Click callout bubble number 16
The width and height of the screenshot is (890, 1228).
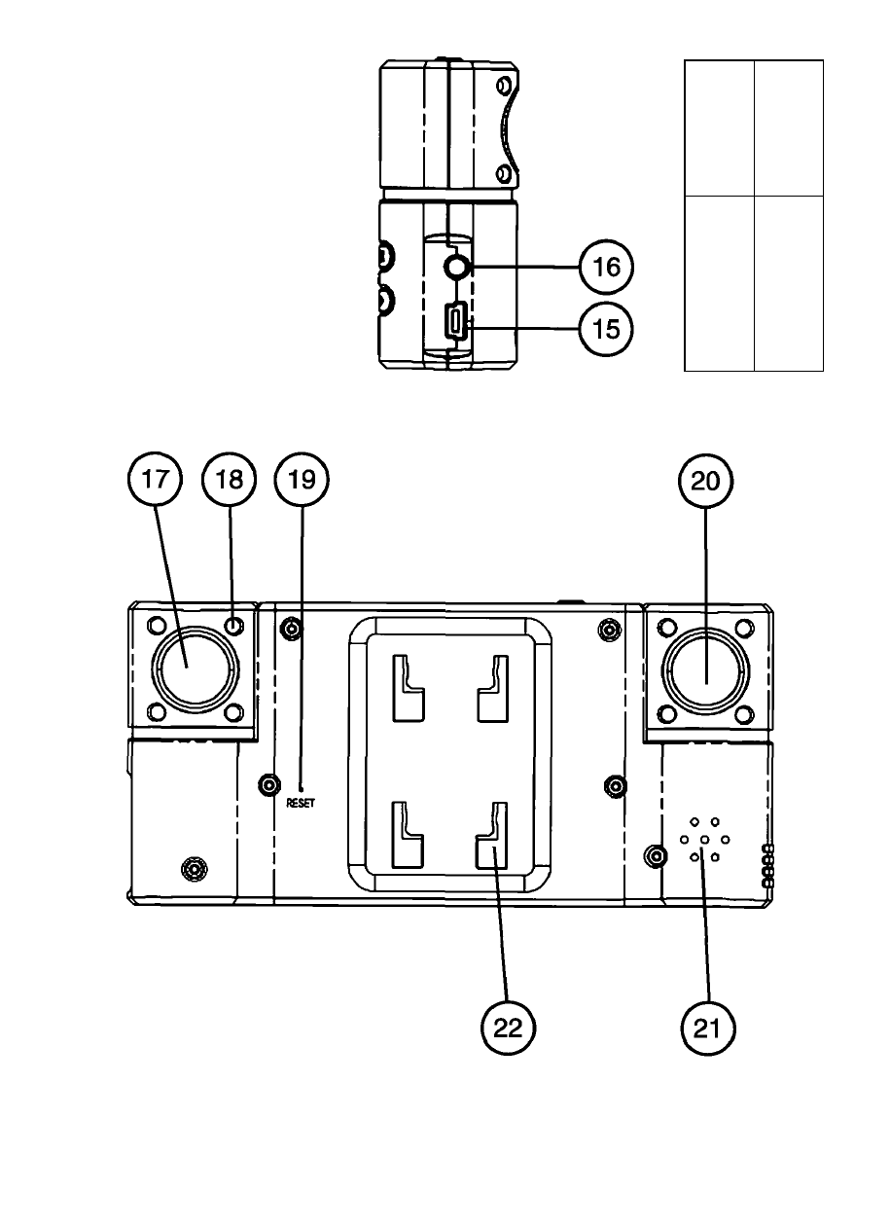(x=607, y=267)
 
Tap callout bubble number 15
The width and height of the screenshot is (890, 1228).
(x=607, y=329)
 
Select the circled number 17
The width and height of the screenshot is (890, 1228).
(x=155, y=479)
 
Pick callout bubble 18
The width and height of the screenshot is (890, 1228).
(x=230, y=479)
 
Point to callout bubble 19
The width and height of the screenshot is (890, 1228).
(x=302, y=479)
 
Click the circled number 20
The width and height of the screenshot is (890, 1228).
(x=705, y=481)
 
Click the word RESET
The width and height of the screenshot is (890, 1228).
(x=301, y=803)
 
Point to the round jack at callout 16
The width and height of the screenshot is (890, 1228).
(x=456, y=268)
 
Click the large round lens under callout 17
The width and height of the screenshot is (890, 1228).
(x=196, y=669)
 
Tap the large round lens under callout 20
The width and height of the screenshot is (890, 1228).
(x=705, y=670)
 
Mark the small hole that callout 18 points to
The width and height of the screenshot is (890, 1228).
(x=234, y=625)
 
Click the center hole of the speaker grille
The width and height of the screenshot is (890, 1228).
(x=705, y=840)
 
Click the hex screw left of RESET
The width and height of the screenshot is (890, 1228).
(x=269, y=785)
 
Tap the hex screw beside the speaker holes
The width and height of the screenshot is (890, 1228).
(x=656, y=855)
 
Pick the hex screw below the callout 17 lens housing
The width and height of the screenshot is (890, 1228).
(x=194, y=868)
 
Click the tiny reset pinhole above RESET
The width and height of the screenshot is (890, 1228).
(x=302, y=789)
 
